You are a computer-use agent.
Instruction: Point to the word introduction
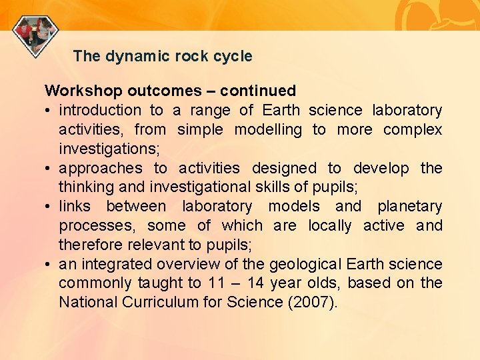click(x=100, y=110)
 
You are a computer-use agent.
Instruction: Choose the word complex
click(x=413, y=129)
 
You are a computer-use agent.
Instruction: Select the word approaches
click(x=101, y=168)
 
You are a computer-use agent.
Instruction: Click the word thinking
click(x=85, y=187)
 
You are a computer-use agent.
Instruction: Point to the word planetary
click(x=409, y=207)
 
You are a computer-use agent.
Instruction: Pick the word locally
click(x=329, y=226)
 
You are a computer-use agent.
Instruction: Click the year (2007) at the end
click(x=314, y=303)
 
